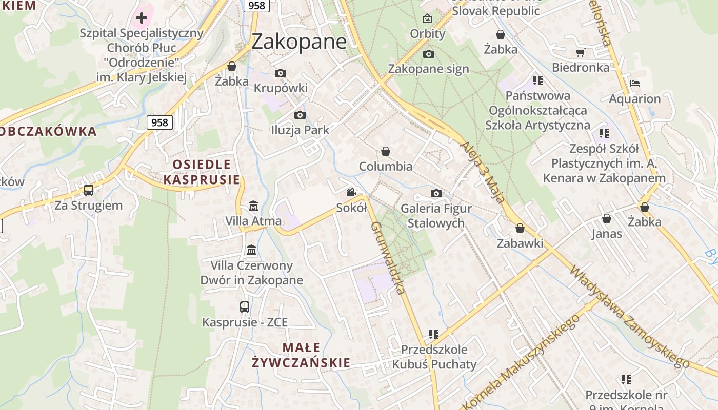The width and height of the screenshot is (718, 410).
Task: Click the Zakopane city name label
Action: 299,41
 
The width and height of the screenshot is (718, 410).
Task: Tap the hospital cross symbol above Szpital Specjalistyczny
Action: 142,18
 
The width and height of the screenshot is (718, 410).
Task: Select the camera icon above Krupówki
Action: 280,73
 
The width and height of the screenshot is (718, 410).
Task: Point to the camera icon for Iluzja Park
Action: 300,115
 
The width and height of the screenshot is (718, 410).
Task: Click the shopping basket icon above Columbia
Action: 386,151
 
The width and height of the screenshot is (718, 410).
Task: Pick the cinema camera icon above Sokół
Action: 351,193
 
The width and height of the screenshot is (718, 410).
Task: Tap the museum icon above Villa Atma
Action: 253,206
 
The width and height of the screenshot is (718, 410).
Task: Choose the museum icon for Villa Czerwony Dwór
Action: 252,250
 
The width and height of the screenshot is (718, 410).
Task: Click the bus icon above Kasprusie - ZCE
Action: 245,307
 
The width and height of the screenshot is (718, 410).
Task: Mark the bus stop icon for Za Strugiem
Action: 89,190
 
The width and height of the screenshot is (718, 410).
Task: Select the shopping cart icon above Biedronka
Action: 581,52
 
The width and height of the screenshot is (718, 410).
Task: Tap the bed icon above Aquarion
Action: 635,84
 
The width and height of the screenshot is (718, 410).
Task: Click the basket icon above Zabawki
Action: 520,228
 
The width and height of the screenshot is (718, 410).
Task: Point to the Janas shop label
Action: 607,234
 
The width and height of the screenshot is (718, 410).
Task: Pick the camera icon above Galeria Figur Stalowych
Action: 436,193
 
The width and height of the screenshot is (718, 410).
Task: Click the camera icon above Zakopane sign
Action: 429,54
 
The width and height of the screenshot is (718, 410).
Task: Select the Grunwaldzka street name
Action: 388,258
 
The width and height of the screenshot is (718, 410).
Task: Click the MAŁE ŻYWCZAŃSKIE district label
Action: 302,355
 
